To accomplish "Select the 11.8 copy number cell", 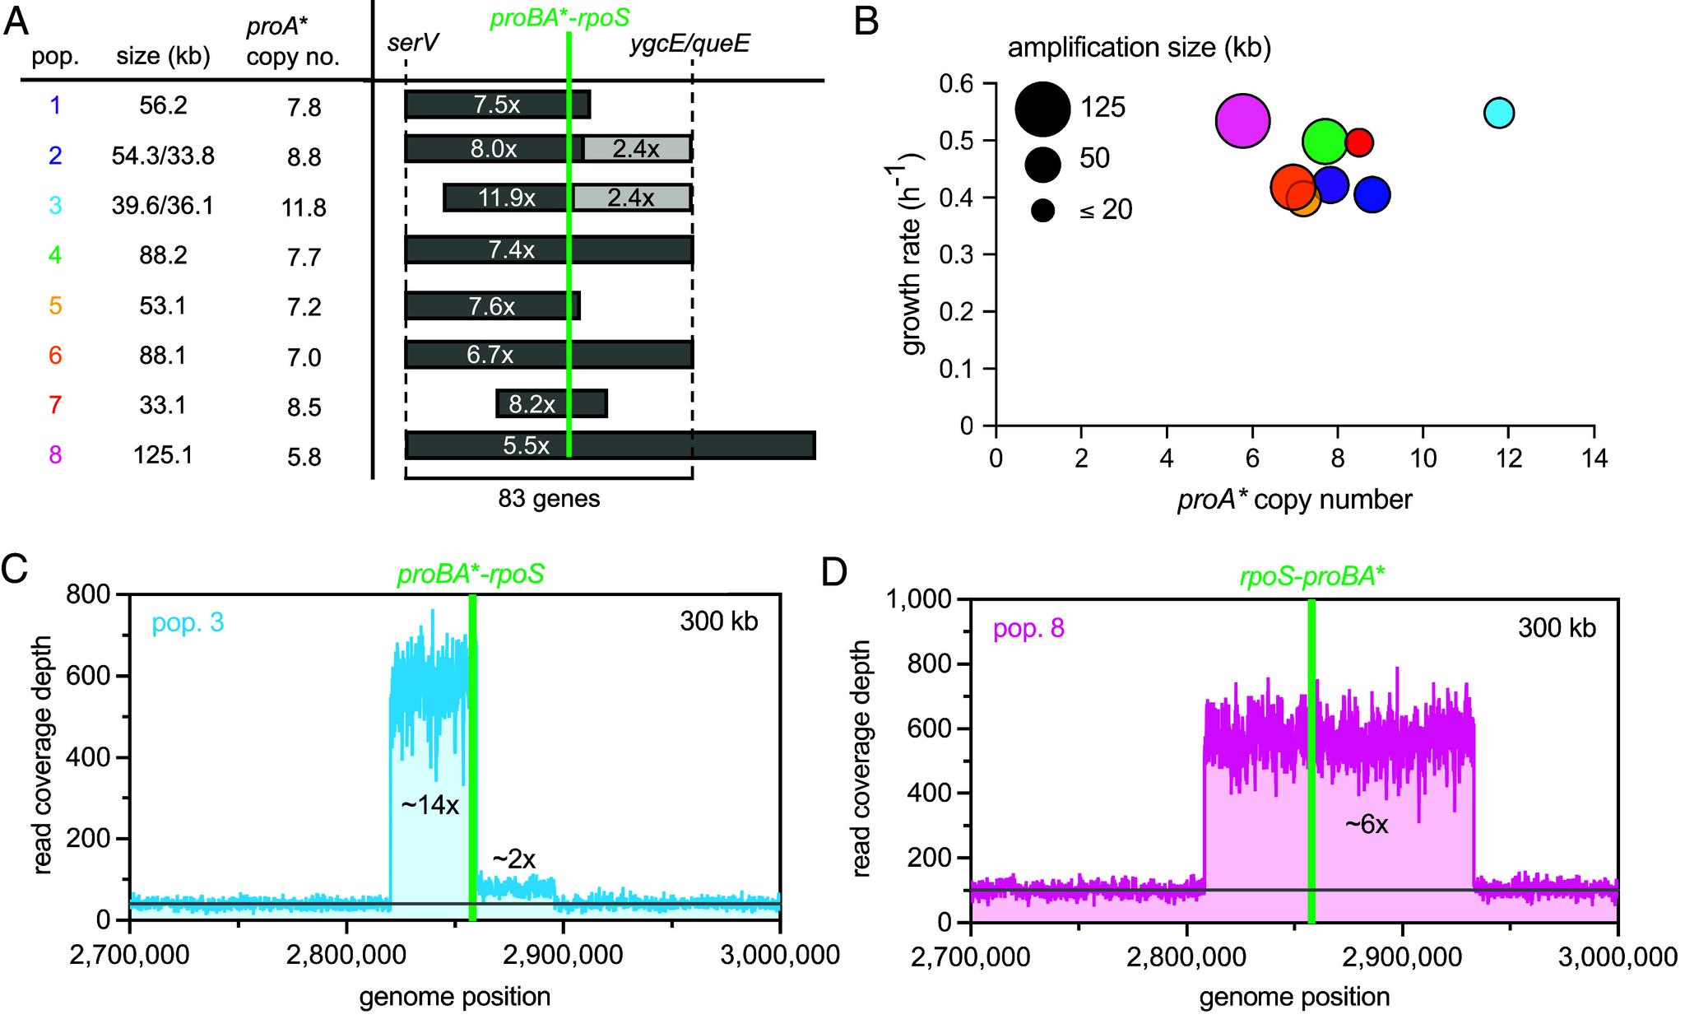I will [304, 207].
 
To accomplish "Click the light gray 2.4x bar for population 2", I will [637, 148].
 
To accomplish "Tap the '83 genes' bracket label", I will [549, 499].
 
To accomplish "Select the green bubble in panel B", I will [1325, 141].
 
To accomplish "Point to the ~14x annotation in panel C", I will [429, 804].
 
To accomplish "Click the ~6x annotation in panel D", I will [1367, 824].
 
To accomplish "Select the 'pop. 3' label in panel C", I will [188, 622].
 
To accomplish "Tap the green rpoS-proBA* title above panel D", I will [1312, 575].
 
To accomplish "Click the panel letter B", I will [866, 23].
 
